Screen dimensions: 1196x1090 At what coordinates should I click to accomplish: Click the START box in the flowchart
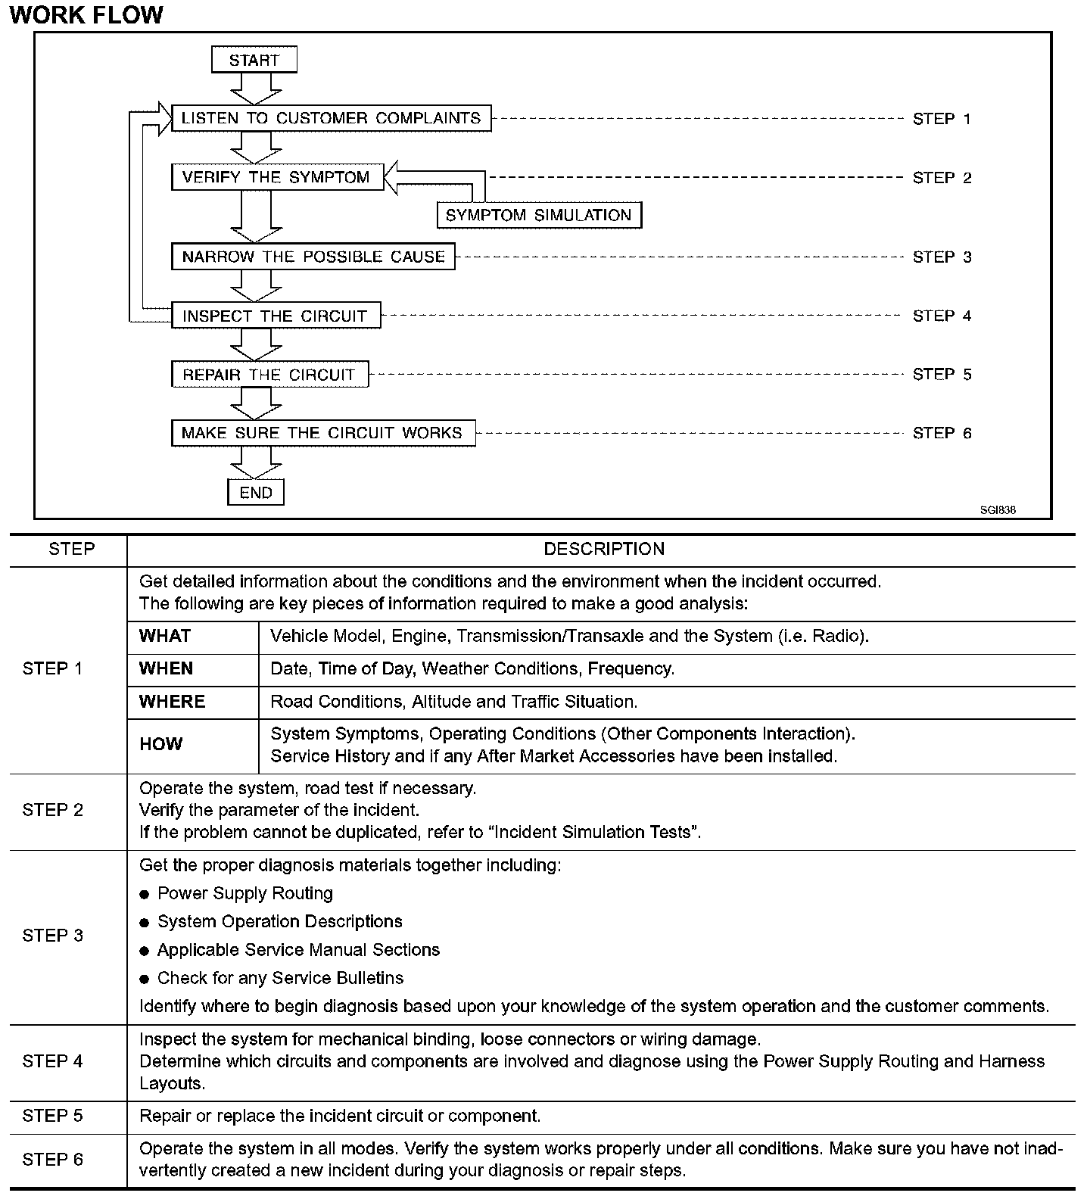click(254, 60)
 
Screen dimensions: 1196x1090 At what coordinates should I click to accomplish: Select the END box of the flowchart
click(256, 493)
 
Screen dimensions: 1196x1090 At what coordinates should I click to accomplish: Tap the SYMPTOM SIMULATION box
click(539, 215)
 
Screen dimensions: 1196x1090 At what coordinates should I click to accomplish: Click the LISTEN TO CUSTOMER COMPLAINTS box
click(331, 118)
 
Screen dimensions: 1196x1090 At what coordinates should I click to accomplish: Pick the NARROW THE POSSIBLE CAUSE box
click(313, 257)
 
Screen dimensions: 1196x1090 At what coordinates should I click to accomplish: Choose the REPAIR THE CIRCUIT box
click(269, 375)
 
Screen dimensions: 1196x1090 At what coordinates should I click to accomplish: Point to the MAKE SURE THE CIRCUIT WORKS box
click(322, 433)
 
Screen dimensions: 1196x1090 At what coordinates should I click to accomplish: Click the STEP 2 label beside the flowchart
click(942, 178)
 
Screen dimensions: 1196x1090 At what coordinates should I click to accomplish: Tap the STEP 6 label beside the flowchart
click(942, 433)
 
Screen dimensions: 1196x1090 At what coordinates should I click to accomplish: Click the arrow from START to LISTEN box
click(256, 89)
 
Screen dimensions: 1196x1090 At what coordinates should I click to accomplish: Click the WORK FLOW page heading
click(86, 14)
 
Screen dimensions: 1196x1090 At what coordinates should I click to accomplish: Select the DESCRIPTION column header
click(604, 550)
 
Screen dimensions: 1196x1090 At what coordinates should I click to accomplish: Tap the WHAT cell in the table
click(165, 636)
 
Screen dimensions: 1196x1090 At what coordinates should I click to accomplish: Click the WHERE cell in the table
click(172, 702)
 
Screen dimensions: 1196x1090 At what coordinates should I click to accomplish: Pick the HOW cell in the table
click(160, 744)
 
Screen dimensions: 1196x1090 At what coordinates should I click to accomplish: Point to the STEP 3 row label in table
click(53, 936)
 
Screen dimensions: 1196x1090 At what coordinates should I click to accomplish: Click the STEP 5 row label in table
click(53, 1116)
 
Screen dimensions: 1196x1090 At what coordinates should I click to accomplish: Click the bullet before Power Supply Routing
click(145, 895)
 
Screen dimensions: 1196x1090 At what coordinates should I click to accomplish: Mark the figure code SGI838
click(998, 510)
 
